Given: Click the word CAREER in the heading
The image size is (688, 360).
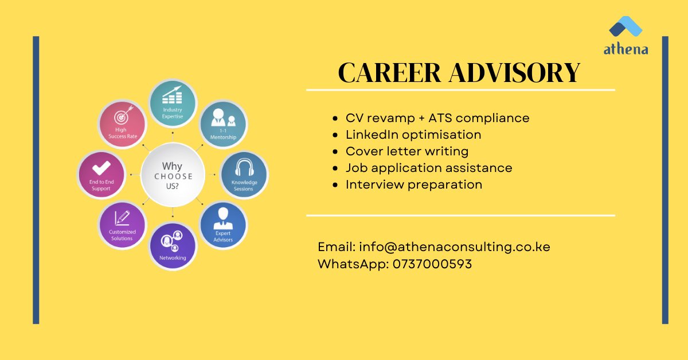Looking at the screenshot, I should [x=389, y=73].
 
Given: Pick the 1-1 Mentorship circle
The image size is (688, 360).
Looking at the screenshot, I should [x=223, y=124].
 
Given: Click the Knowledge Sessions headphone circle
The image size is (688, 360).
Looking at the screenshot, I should [x=243, y=175].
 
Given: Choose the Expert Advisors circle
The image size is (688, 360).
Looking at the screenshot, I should [x=223, y=225].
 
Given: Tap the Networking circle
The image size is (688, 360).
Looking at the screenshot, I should [x=173, y=246].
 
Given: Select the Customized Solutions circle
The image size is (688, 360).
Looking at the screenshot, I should [x=122, y=225].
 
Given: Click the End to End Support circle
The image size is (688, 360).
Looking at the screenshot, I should [x=101, y=175].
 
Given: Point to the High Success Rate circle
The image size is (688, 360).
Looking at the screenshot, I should [x=122, y=124].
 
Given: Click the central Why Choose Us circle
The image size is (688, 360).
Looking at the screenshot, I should [x=173, y=175].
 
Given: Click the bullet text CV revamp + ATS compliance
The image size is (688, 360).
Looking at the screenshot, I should [x=437, y=118].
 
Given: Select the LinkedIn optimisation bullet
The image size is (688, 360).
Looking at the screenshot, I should [x=413, y=135].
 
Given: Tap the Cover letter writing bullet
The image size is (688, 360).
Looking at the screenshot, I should [x=406, y=151].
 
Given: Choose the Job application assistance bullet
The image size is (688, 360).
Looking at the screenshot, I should [x=428, y=168].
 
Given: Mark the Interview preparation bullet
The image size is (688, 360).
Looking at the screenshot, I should [x=413, y=185].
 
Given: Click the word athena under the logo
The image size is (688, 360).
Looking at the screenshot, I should [x=626, y=50].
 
